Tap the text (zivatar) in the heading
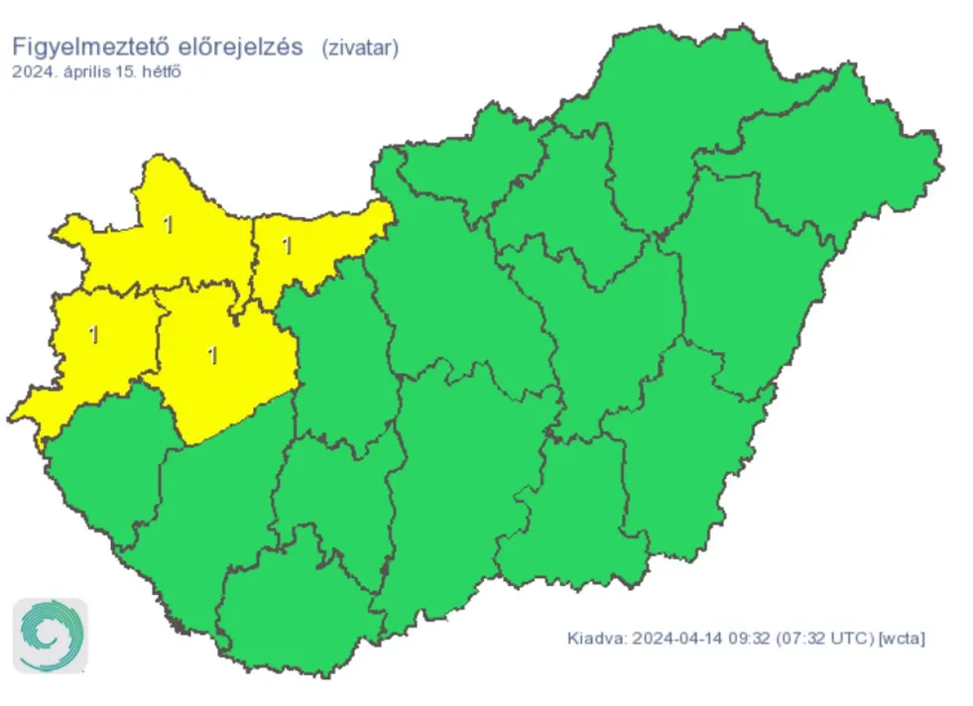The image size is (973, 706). [x=360, y=49]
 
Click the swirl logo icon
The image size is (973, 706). [x=50, y=636]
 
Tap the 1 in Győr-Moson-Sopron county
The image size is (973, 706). [x=168, y=225]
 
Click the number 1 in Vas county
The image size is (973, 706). [x=93, y=334]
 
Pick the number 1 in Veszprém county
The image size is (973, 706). [x=212, y=355]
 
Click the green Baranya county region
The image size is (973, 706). [x=298, y=605]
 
